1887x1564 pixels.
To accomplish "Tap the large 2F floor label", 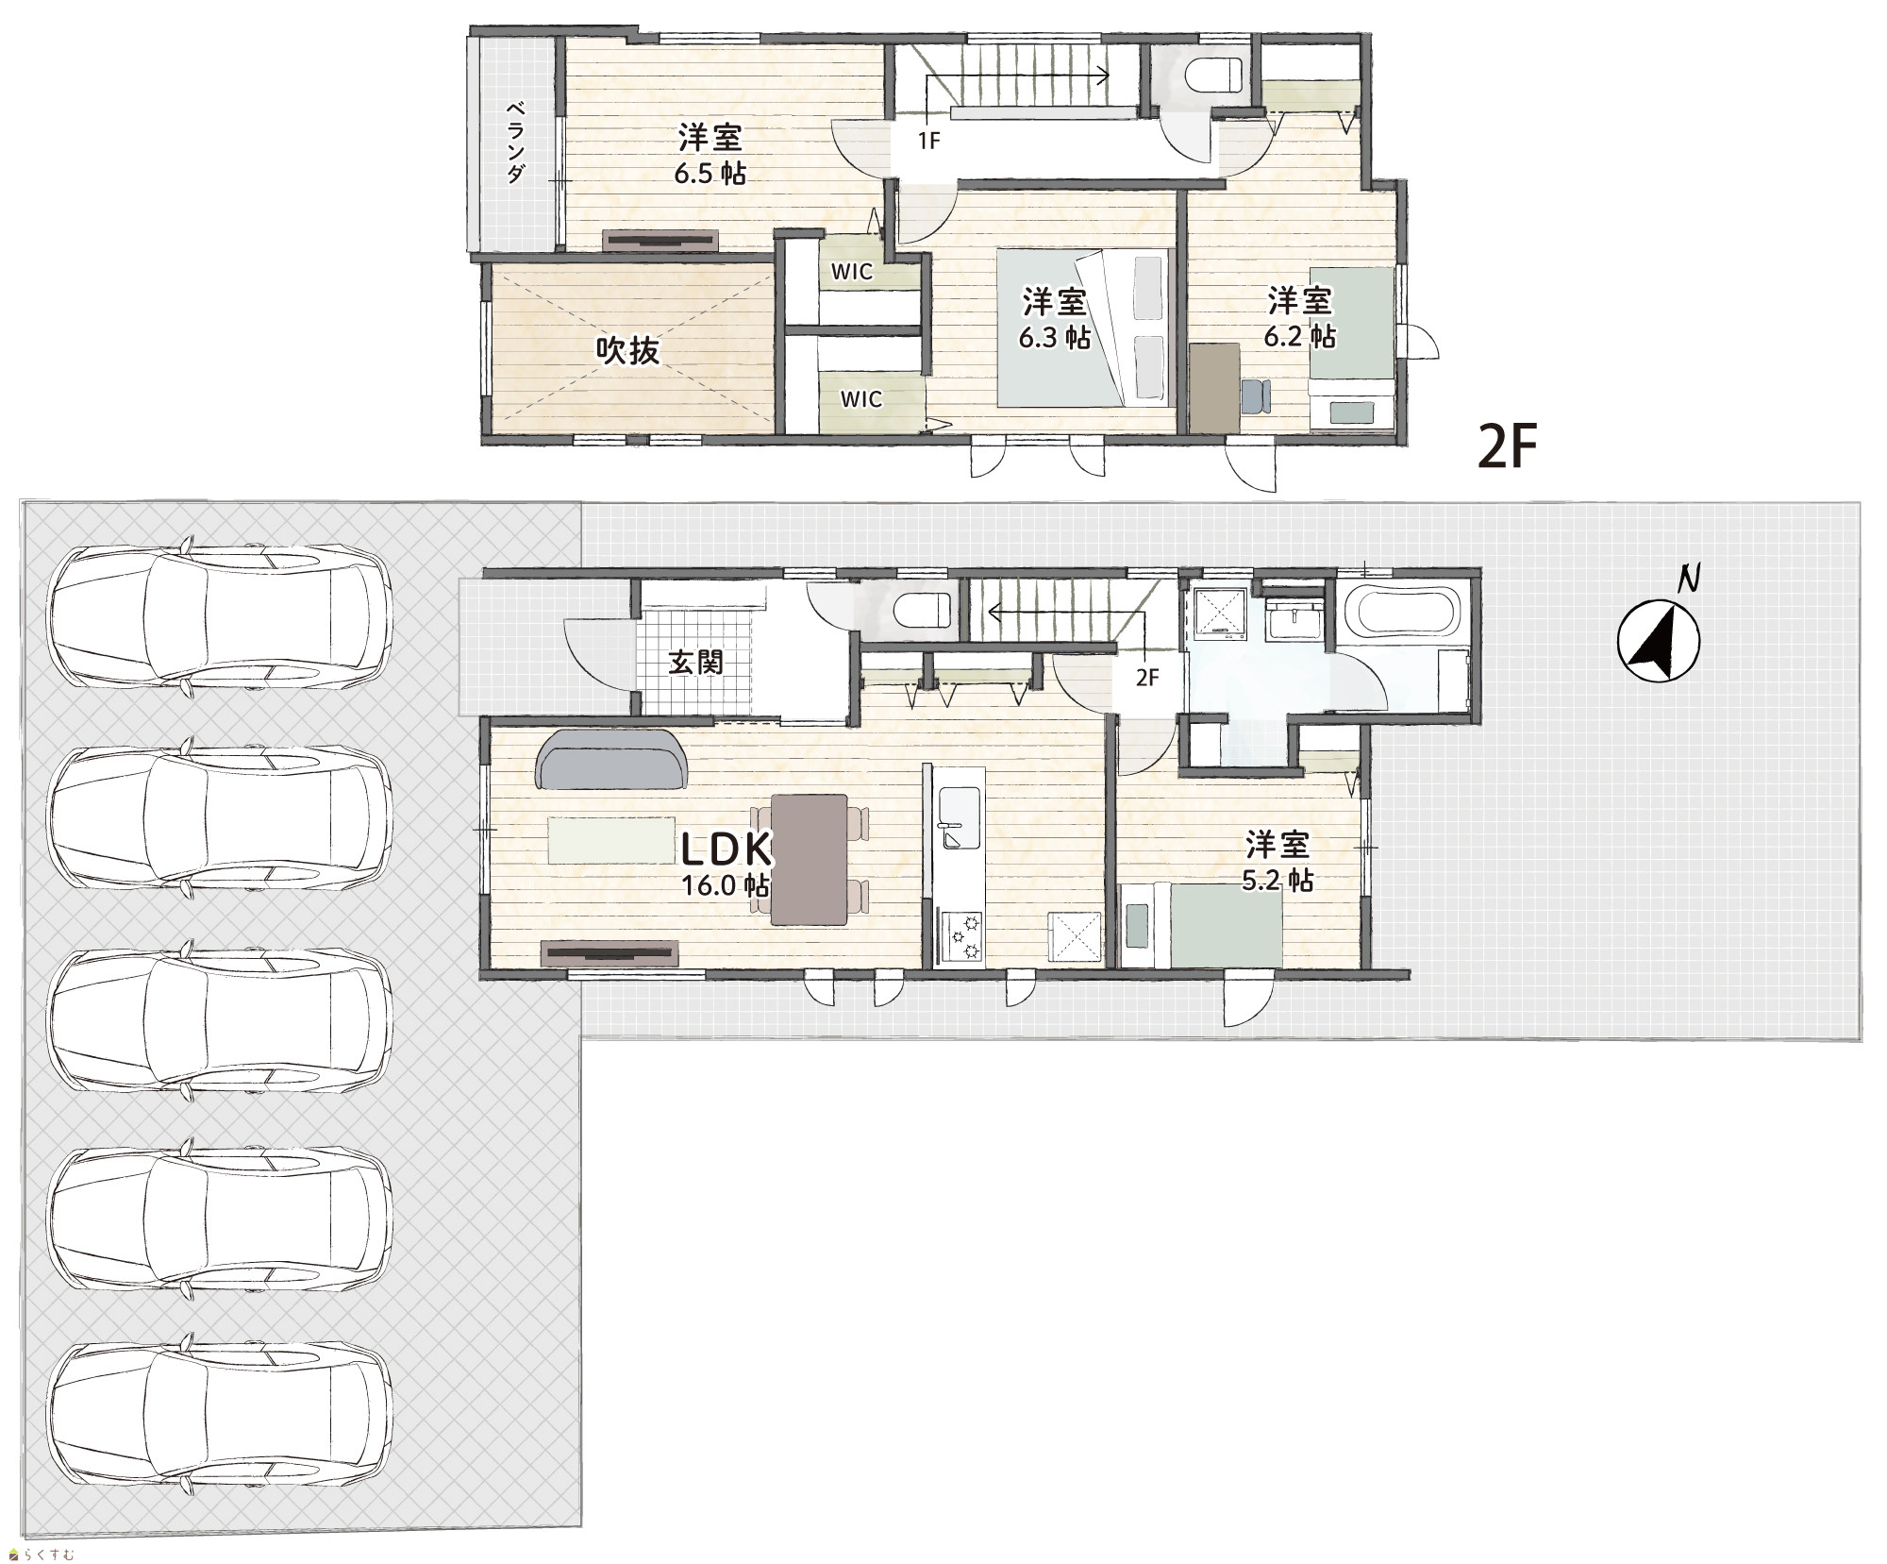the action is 1508,446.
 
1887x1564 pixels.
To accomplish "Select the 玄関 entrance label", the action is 695,662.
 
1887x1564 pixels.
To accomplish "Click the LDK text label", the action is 726,849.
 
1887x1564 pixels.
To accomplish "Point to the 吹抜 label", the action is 628,351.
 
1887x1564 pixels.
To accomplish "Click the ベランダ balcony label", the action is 515,142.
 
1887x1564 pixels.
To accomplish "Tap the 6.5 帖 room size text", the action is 710,175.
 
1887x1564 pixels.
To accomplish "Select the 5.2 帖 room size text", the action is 1277,881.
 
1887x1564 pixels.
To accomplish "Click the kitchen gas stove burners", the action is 960,938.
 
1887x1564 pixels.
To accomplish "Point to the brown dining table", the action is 810,859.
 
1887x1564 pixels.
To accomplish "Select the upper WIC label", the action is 851,272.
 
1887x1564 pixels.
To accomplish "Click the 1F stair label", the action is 929,142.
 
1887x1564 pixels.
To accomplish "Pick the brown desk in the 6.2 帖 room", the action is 1214,387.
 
